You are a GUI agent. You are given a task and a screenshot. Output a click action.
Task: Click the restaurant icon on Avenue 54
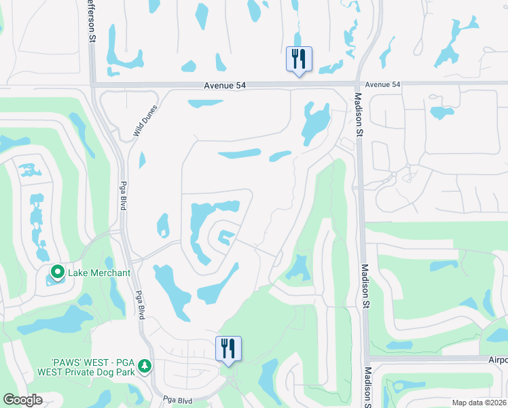(298, 59)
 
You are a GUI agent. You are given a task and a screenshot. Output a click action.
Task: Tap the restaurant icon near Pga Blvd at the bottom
(229, 349)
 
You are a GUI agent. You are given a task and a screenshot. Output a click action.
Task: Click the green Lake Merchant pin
(57, 273)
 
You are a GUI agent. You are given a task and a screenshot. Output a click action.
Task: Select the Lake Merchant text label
(99, 273)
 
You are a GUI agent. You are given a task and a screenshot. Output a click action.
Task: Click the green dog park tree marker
(144, 367)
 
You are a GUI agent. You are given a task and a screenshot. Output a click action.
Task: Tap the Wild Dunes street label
(145, 120)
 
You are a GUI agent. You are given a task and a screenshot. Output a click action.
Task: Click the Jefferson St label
(90, 21)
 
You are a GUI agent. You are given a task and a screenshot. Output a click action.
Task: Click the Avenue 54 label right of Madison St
(382, 84)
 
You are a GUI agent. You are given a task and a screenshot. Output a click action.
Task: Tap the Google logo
(22, 400)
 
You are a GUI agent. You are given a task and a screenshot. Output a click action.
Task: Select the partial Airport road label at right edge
(498, 359)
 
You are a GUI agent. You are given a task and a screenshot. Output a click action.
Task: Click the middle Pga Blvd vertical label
(141, 300)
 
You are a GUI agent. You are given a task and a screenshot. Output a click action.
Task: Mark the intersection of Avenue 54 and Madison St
(358, 84)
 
